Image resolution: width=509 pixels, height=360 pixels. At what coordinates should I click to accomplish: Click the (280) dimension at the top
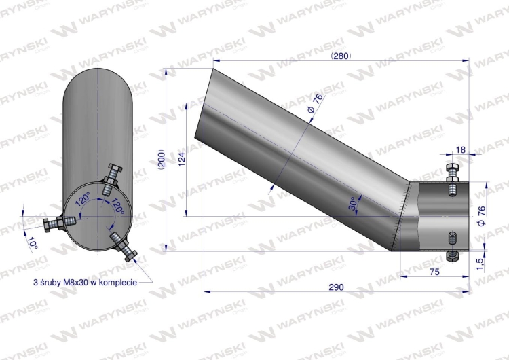tap(341, 56)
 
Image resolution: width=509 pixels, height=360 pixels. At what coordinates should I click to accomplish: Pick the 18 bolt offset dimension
tap(461, 149)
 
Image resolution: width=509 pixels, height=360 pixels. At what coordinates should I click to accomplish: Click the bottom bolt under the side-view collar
tap(452, 255)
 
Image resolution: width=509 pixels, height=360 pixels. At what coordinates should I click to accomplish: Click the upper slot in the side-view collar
tap(452, 190)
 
